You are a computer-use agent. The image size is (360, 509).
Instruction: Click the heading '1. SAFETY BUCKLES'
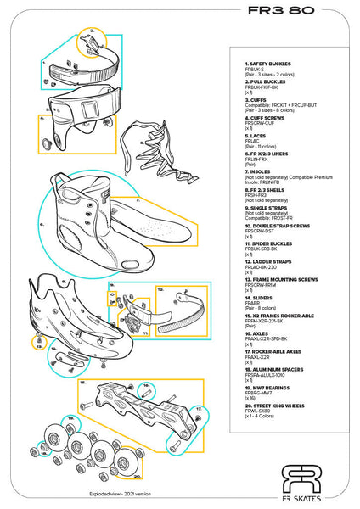point(270,64)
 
